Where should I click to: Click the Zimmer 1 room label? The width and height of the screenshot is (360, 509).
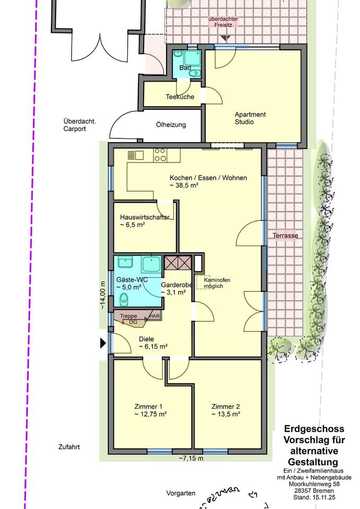[148, 407]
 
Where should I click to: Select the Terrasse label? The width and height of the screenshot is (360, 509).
[285, 235]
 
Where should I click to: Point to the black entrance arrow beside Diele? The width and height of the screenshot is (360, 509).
[103, 343]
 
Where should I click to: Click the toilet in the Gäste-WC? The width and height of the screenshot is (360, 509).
[124, 299]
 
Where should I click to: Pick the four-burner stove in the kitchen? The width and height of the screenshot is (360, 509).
[160, 155]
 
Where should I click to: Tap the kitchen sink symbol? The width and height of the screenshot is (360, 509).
[136, 155]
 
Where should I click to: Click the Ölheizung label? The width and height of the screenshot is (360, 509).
[171, 125]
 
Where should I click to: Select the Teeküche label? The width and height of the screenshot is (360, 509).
[180, 96]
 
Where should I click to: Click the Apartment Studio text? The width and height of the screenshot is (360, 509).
[250, 118]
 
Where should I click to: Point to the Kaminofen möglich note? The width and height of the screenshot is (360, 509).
[217, 283]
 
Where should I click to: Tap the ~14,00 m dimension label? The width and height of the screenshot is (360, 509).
[103, 295]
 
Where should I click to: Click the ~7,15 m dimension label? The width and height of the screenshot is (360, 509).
[191, 458]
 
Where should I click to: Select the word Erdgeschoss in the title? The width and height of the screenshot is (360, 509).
[314, 429]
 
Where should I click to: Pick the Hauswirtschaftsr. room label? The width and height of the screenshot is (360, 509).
[144, 217]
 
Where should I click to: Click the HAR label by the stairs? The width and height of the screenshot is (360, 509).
[154, 315]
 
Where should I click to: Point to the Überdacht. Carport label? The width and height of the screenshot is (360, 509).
[80, 125]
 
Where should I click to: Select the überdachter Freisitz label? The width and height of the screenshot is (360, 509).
[223, 22]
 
